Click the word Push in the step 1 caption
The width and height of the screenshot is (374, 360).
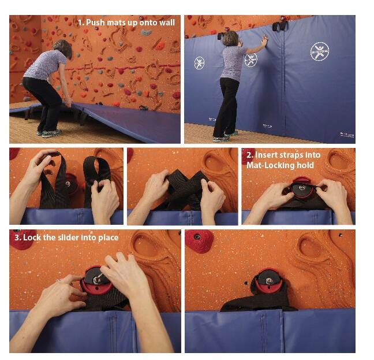[96, 23]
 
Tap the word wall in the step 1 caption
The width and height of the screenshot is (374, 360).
[166, 23]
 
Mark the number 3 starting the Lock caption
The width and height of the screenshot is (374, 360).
[16, 237]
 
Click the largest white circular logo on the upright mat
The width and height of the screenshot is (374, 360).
[319, 51]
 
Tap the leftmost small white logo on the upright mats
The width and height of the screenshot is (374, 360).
[199, 62]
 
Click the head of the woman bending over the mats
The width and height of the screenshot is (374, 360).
[65, 49]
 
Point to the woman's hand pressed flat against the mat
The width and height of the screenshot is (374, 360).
[264, 42]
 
